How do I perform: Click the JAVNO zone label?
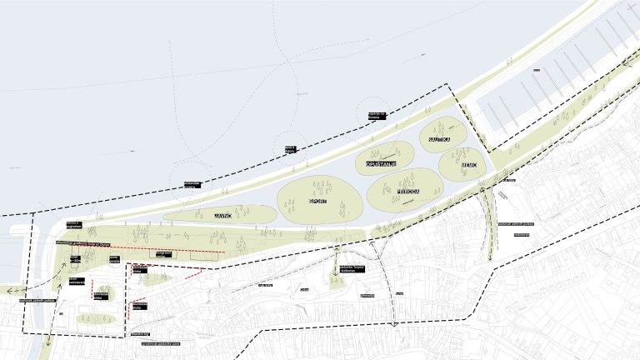[222, 214]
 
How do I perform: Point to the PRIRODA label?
[407, 192]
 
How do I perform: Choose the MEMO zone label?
[469, 165]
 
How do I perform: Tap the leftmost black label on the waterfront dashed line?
[192, 185]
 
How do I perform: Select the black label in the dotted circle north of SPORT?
[291, 150]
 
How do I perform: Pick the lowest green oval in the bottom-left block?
[91, 317]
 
